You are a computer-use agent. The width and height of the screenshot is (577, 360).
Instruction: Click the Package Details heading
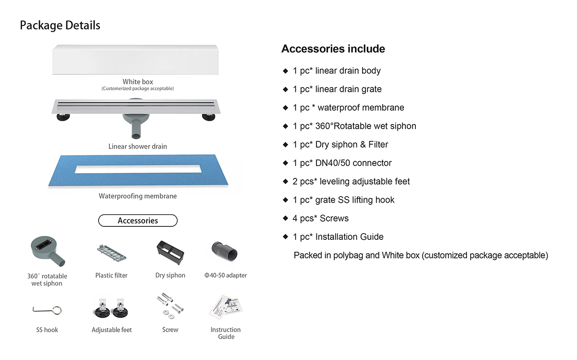click(x=60, y=25)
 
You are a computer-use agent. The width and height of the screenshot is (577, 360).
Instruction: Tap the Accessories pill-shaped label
click(x=138, y=221)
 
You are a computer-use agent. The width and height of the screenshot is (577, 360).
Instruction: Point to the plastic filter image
click(x=111, y=251)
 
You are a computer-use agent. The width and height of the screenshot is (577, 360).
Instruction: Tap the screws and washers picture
click(x=170, y=308)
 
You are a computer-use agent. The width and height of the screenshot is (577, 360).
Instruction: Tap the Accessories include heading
click(x=333, y=49)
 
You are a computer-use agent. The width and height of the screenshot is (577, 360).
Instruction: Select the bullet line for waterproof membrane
click(x=349, y=108)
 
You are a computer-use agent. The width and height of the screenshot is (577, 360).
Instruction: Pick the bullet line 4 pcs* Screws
click(x=320, y=218)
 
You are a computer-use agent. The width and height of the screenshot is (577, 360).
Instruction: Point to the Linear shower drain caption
click(x=138, y=146)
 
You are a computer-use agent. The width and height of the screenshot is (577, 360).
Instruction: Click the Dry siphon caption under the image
click(x=170, y=275)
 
